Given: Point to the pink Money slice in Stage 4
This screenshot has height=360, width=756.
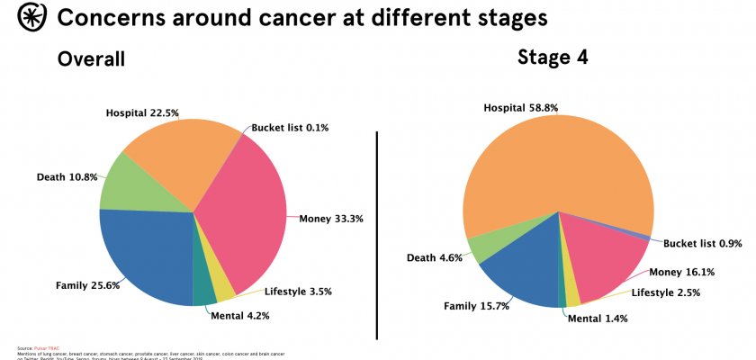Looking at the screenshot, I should tap(603, 256).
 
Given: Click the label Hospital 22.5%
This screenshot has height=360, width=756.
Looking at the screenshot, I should tap(142, 113).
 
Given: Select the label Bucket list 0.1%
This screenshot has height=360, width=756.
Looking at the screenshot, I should tap(290, 128).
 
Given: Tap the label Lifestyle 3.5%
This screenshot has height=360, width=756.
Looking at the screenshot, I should tap(297, 292).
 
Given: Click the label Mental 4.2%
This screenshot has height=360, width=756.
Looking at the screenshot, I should tap(239, 316).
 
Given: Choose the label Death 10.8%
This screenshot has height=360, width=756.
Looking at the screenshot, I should tap(67, 176).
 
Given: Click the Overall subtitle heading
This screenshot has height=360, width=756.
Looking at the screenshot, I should tap(91, 59).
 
